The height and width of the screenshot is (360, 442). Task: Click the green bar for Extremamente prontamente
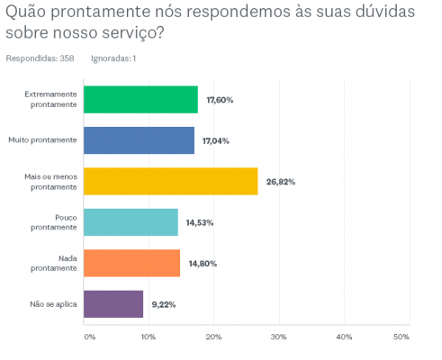click(x=140, y=100)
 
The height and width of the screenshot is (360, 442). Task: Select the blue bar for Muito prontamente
click(x=138, y=140)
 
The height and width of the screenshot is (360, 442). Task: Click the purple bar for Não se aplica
click(x=113, y=304)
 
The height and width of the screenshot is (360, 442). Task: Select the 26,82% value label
click(x=280, y=182)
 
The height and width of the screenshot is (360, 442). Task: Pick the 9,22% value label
click(x=163, y=304)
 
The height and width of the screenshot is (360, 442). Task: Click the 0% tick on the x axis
click(x=89, y=337)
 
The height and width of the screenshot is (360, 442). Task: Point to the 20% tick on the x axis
click(x=213, y=337)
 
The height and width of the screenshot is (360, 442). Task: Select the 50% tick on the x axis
click(x=401, y=337)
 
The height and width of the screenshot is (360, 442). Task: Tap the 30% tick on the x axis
click(x=278, y=337)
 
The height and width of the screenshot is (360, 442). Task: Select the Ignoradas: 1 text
click(x=113, y=58)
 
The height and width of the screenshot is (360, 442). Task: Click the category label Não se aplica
click(x=55, y=304)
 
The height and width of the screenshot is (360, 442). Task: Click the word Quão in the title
click(x=27, y=14)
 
